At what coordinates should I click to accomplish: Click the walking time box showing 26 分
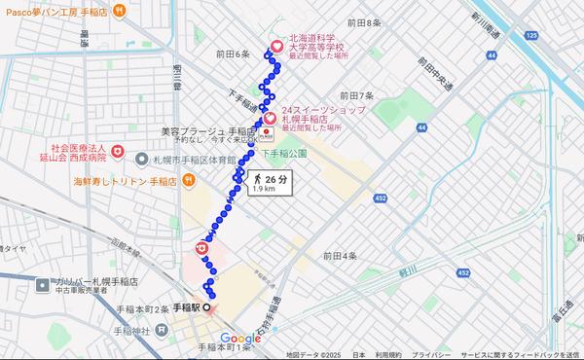click(x=270, y=183)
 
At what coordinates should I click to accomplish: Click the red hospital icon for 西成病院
click(x=117, y=151)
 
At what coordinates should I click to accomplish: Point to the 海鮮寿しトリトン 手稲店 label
click(x=124, y=181)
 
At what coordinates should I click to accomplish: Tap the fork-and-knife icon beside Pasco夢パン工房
click(x=118, y=11)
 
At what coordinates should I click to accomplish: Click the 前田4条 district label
click(x=341, y=256)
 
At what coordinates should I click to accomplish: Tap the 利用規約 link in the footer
click(x=389, y=355)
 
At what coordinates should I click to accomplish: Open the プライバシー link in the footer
click(x=429, y=355)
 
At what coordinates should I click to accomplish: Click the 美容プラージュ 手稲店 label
click(x=207, y=131)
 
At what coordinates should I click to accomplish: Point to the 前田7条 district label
click(x=356, y=95)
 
